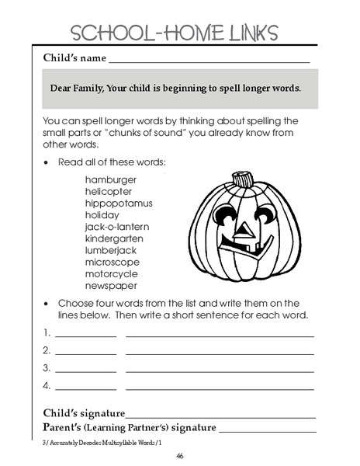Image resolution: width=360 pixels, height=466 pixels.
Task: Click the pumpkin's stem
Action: pos(244,180)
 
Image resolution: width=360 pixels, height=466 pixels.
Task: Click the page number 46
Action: pos(179,456)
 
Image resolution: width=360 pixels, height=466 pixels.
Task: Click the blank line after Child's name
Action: pos(209,60)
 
